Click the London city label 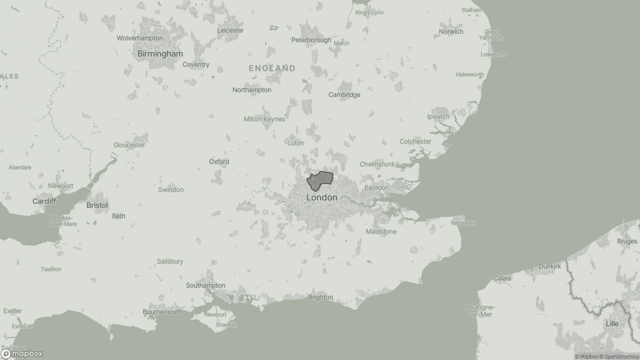click(321, 197)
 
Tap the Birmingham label click(160, 53)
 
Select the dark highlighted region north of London click(319, 180)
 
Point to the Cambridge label click(344, 94)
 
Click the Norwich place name click(451, 31)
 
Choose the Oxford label click(219, 161)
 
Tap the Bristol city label click(97, 205)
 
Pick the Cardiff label click(44, 201)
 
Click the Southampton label click(205, 285)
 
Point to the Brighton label click(320, 297)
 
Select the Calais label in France click(502, 278)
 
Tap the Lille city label click(612, 323)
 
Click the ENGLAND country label click(272, 68)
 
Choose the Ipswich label click(438, 116)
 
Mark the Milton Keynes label click(264, 119)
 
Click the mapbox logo click(22, 353)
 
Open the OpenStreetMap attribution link click(621, 356)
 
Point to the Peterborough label click(311, 40)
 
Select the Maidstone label click(381, 231)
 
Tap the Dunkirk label click(549, 266)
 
